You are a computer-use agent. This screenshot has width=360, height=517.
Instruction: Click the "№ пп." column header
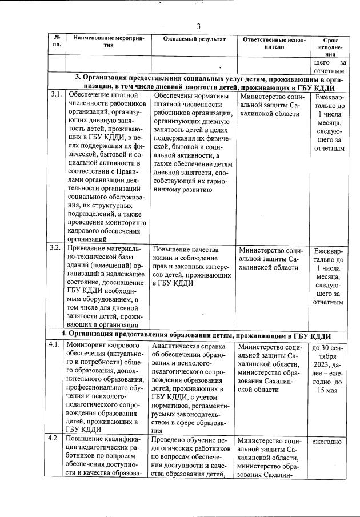(57, 43)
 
